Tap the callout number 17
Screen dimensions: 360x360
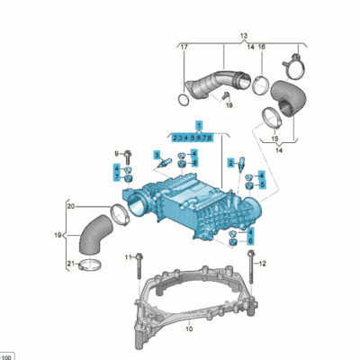click(x=183, y=46)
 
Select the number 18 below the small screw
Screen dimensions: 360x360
click(x=229, y=105)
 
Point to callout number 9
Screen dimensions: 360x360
click(x=115, y=152)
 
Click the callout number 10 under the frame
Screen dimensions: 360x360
click(x=189, y=329)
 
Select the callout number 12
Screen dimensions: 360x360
click(x=263, y=265)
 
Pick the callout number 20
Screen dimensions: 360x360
click(x=70, y=205)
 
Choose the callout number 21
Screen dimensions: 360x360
click(x=70, y=262)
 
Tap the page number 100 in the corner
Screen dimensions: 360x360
click(x=7, y=354)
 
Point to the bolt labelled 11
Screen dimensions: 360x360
click(x=139, y=267)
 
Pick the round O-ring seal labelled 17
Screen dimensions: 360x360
click(x=189, y=92)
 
